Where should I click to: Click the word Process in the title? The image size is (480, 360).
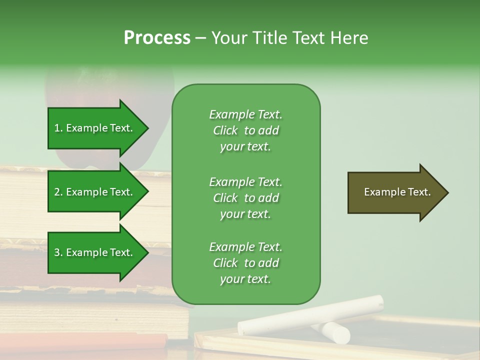coord(157,38)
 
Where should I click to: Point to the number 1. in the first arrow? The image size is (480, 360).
coord(58,128)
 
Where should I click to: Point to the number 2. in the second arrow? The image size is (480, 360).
coord(58,192)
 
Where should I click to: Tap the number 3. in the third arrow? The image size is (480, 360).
coord(58,252)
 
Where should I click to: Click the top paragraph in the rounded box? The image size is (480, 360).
coord(245,130)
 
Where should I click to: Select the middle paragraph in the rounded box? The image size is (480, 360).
coord(245,198)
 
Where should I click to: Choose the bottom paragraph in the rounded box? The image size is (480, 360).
coord(245,263)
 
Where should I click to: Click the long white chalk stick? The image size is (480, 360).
coord(310,315)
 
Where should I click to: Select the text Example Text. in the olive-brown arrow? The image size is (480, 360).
coord(397,192)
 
